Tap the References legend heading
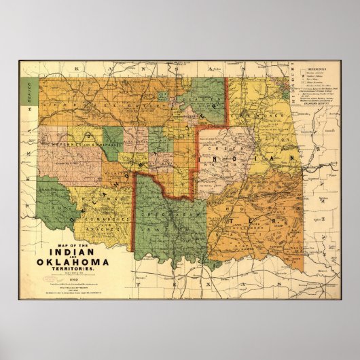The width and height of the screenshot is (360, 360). pos(314,69)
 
